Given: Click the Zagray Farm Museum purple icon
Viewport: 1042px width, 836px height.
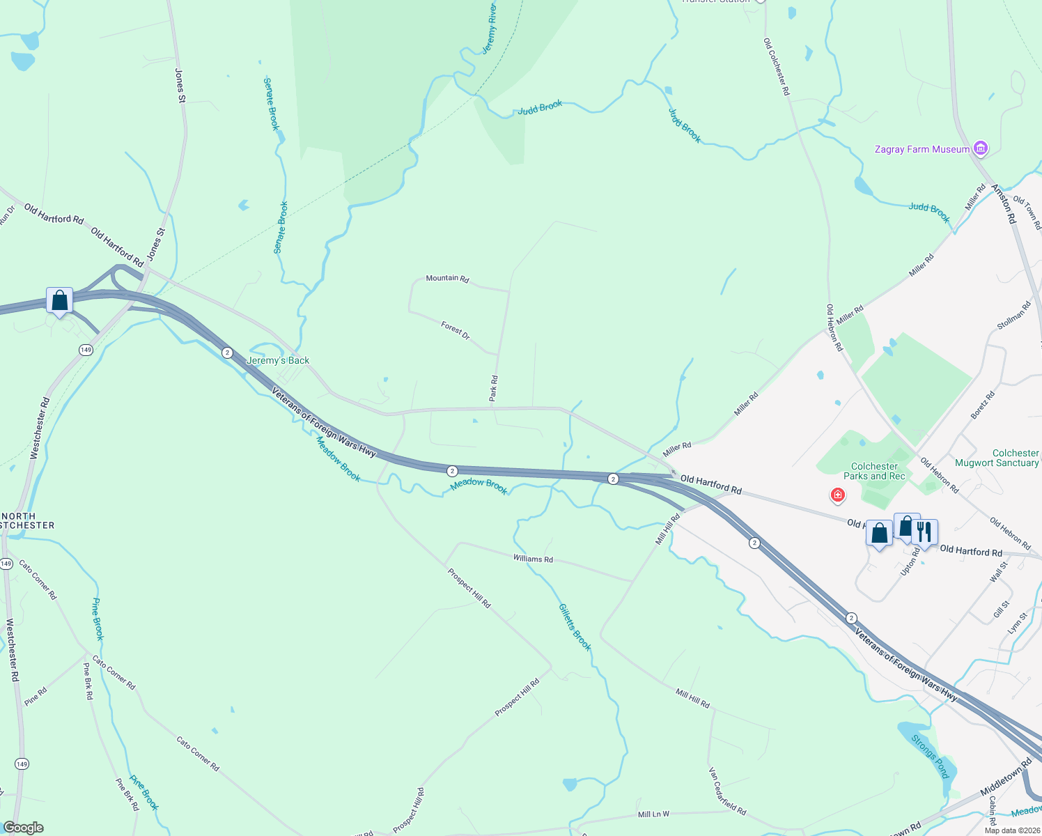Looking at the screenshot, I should click(981, 148).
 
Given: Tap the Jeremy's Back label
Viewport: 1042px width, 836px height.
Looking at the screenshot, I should click(278, 360).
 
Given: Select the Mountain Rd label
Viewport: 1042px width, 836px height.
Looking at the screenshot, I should click(447, 278).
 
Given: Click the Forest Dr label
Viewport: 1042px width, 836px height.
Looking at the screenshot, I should click(456, 330).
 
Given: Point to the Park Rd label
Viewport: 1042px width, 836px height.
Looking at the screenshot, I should click(493, 388).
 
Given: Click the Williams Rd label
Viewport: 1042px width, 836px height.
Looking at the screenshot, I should click(533, 559).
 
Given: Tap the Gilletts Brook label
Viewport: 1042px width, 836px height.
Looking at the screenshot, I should click(575, 627).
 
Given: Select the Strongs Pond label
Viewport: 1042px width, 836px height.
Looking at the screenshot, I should click(930, 756).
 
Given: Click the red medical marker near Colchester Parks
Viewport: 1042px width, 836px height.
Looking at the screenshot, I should click(838, 495).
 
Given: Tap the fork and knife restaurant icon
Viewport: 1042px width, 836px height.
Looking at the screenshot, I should click(924, 532).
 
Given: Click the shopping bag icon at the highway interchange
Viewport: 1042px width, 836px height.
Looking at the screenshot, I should click(60, 301).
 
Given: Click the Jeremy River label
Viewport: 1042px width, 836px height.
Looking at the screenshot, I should click(490, 29).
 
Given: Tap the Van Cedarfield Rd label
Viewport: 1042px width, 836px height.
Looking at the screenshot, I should click(727, 791).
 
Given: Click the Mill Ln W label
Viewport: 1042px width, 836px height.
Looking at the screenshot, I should click(653, 814).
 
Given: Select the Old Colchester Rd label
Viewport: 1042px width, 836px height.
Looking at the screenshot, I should click(777, 67).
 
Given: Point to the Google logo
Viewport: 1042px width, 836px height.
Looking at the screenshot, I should click(24, 828).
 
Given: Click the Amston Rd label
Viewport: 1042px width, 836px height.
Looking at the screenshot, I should click(1004, 203).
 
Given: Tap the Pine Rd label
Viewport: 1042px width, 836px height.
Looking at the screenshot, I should click(36, 696).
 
